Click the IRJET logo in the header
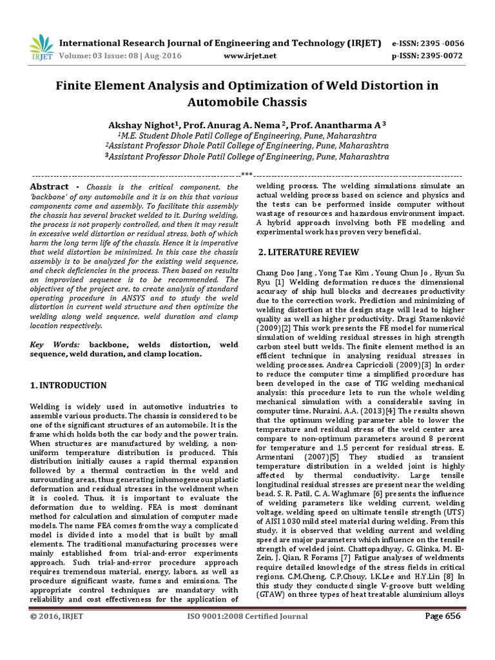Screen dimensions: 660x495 pyautogui.click(x=42, y=47)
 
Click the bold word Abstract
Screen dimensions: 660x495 pyautogui.click(x=50, y=187)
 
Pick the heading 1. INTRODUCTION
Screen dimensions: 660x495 pyautogui.click(x=69, y=385)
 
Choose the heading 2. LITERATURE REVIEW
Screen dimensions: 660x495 pyautogui.click(x=304, y=252)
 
